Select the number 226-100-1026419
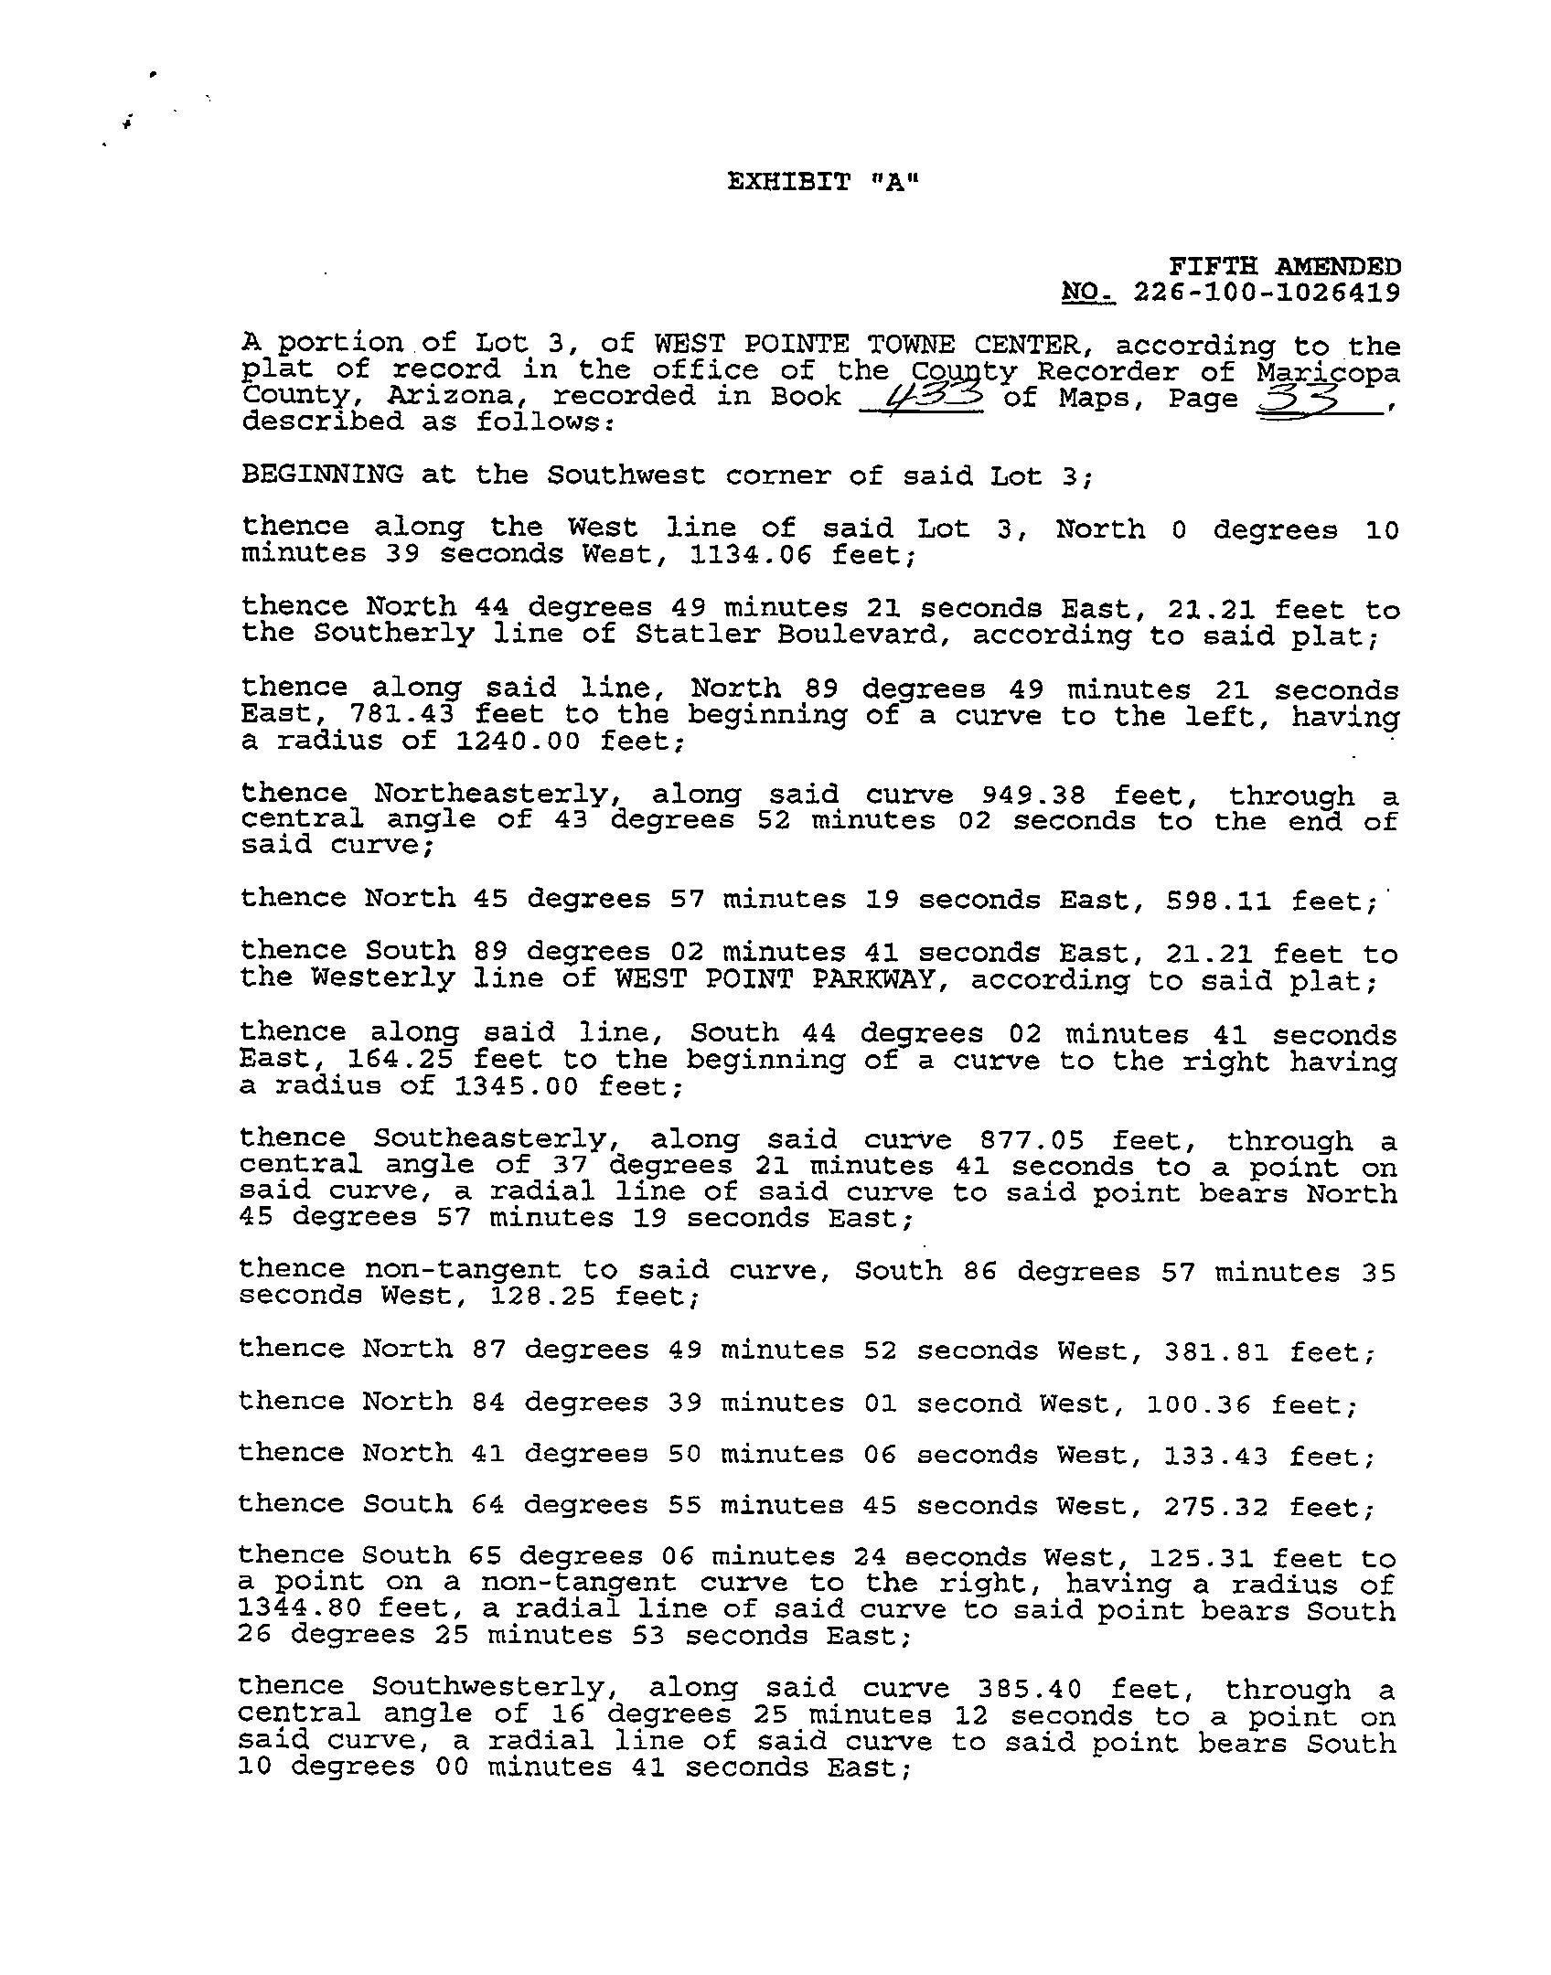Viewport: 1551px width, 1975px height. point(1266,293)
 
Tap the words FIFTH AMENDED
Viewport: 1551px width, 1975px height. point(1285,266)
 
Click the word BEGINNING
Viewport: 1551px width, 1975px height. point(322,475)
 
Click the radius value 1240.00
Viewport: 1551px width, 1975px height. point(518,742)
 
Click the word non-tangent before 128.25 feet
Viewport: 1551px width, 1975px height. point(462,1270)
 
